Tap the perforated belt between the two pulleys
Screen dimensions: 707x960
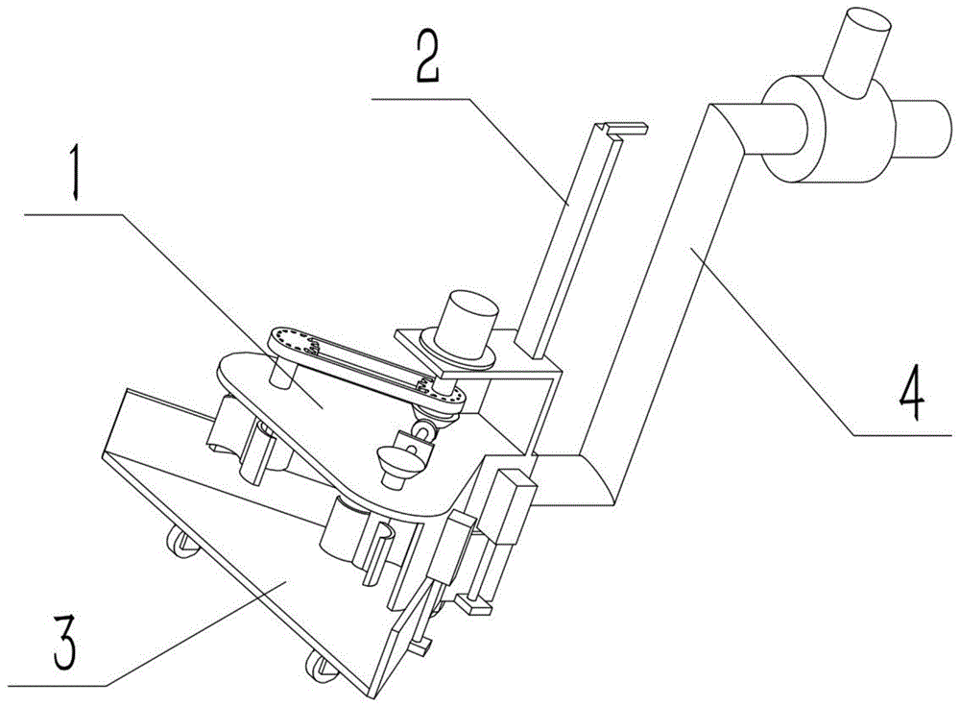tap(365, 363)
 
